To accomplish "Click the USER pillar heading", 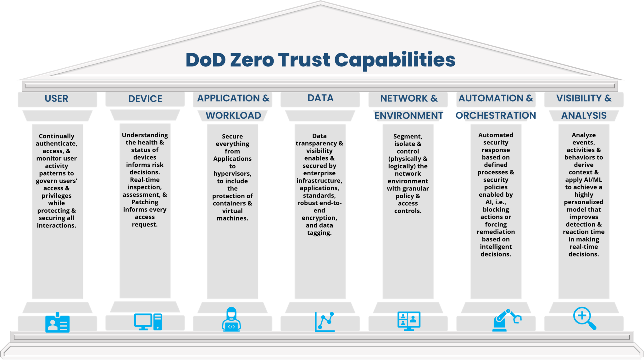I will [x=56, y=98].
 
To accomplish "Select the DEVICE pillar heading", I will [x=145, y=99].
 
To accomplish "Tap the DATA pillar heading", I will [x=320, y=98].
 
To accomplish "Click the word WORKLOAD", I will [x=233, y=115].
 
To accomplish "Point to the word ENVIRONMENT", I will [x=408, y=116].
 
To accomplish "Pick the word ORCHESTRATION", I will [x=496, y=115].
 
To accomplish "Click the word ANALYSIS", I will [x=584, y=115].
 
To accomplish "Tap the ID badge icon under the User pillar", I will [x=57, y=323].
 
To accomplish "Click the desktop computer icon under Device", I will [x=148, y=322].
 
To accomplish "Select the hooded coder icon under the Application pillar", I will [x=231, y=319].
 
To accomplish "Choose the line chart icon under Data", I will [x=325, y=322].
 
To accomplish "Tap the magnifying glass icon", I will [x=584, y=318].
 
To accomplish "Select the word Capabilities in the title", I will [x=395, y=60].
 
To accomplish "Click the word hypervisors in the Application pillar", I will [x=232, y=174].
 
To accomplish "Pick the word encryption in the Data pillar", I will [x=319, y=218].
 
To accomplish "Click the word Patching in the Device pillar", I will [x=145, y=202].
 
